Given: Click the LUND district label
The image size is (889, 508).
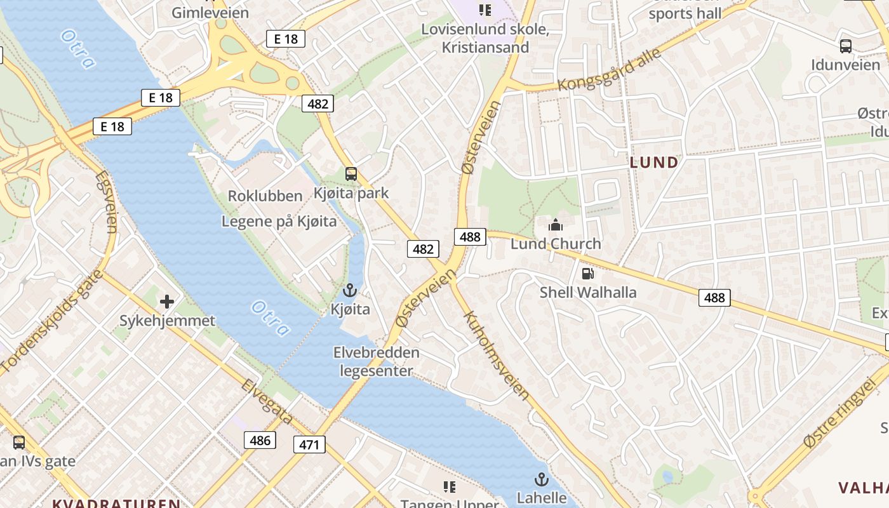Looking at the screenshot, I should [654, 163].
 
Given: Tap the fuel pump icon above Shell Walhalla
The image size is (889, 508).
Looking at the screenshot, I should [588, 274].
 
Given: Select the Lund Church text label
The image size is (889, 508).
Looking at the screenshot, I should [556, 244].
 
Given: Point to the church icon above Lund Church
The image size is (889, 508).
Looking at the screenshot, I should [556, 225].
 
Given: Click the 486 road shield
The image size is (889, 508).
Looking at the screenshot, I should [260, 440].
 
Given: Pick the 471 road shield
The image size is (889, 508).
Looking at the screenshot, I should [309, 444].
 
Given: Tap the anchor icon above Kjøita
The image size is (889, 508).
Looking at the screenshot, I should [350, 291].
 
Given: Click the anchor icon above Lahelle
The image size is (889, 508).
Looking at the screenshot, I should [542, 479].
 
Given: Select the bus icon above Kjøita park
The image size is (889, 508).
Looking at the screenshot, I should [351, 174].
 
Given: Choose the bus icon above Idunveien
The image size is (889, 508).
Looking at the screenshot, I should [846, 46].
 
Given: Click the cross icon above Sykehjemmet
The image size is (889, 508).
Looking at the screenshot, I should [167, 301].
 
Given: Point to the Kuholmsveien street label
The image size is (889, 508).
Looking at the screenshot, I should [496, 355].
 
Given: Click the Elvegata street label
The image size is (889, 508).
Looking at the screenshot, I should [266, 402].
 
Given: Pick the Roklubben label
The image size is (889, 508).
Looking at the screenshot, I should [265, 196].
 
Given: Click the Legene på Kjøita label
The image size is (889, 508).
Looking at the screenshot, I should [279, 222].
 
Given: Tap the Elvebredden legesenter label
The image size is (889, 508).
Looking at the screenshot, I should [377, 361].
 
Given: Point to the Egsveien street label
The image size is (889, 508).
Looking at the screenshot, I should [107, 201].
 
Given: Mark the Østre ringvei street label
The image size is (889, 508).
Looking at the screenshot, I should [839, 412].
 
